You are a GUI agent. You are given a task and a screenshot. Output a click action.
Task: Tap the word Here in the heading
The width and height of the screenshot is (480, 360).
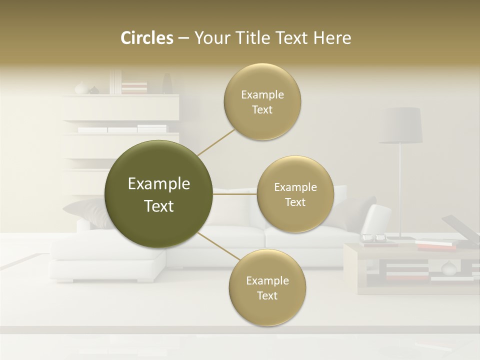(332, 38)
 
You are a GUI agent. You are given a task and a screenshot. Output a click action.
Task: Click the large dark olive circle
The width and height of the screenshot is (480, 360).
(158, 194)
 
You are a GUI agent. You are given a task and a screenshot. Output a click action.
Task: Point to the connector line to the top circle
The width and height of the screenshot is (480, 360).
(215, 142)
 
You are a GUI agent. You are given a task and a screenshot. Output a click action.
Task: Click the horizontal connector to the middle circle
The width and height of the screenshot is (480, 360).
(234, 194)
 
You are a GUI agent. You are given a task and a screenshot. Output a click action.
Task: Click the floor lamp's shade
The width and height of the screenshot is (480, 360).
(400, 125)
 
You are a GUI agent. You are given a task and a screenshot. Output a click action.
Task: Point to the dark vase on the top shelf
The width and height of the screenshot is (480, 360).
(167, 84)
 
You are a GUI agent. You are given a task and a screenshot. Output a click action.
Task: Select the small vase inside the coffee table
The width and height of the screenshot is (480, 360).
(448, 268)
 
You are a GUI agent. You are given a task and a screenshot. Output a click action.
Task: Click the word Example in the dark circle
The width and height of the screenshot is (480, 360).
(159, 184)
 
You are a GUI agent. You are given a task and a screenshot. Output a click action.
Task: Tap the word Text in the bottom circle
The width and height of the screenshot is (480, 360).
(267, 295)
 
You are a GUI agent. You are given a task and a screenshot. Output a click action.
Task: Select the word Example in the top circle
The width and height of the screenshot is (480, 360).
(262, 95)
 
